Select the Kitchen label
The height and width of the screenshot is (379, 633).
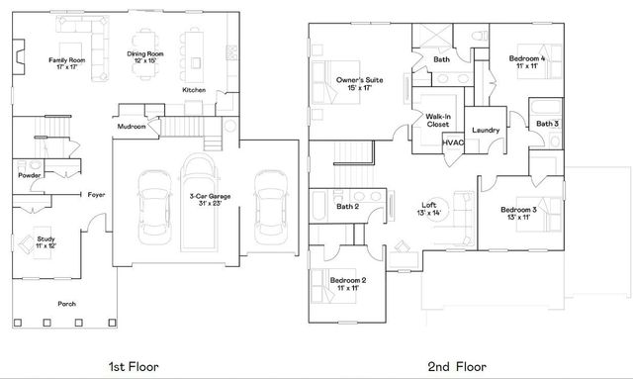click(x=194, y=91)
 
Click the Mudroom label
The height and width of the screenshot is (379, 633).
click(x=132, y=127)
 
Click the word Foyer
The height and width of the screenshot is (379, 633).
click(x=96, y=194)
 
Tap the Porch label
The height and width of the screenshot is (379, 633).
click(x=67, y=304)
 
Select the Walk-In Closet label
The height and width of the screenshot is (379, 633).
click(x=437, y=120)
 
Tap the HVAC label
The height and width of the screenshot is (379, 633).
click(x=453, y=142)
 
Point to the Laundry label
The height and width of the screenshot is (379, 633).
click(x=485, y=131)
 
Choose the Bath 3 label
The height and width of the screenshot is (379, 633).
click(x=548, y=124)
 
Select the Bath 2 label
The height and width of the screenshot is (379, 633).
click(x=347, y=207)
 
